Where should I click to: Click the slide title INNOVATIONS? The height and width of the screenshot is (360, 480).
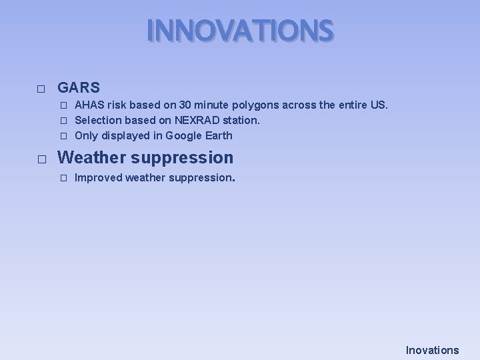pyautogui.click(x=239, y=31)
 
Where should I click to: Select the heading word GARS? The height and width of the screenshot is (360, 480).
pyautogui.click(x=79, y=87)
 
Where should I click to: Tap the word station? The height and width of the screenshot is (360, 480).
pyautogui.click(x=241, y=121)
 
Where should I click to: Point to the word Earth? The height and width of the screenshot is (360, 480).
pyautogui.click(x=219, y=135)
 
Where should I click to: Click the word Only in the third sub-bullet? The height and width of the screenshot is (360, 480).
pyautogui.click(x=86, y=135)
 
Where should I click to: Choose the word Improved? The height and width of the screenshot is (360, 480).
pyautogui.click(x=98, y=178)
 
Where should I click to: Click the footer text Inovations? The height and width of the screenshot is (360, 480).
pyautogui.click(x=433, y=350)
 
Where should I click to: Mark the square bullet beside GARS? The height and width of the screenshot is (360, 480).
pyautogui.click(x=41, y=89)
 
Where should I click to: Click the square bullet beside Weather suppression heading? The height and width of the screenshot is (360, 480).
pyautogui.click(x=41, y=159)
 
